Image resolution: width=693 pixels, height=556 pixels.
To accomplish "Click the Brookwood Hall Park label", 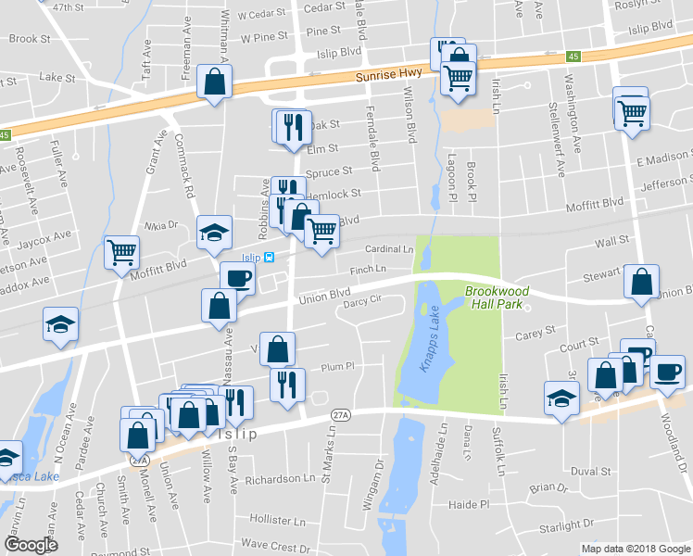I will tap(497, 297).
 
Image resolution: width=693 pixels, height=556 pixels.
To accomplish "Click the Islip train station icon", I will tap(269, 258).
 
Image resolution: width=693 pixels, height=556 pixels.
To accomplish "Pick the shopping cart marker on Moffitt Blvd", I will tap(122, 252).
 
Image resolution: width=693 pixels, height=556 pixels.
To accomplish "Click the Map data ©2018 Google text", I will tap(636, 549).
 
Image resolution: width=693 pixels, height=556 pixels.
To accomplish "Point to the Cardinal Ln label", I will tap(389, 249).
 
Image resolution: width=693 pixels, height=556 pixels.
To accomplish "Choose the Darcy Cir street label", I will tap(362, 300).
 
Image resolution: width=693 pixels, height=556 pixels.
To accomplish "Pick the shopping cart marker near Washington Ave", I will tap(632, 114).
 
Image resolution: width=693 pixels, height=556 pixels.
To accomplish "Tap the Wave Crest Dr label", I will tap(276, 547).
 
